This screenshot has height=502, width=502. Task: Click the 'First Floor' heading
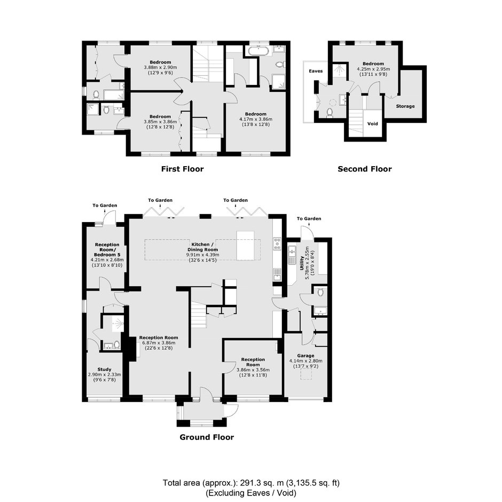pos(182,169)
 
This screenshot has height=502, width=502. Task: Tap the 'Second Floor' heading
pos(365,169)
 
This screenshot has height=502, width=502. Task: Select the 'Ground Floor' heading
pos(207,437)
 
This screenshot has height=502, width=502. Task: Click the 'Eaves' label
pos(316,71)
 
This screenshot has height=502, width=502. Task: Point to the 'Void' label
pos(373,123)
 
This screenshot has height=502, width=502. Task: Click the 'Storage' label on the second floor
pos(405,106)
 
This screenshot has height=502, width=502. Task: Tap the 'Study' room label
pos(104,369)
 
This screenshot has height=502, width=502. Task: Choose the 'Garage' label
pos(306,356)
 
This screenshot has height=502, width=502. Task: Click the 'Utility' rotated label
pos(302,263)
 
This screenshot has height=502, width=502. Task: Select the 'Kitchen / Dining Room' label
pos(202,247)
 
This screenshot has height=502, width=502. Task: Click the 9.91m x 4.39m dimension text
pos(202,255)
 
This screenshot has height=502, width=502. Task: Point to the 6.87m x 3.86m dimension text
pos(159,343)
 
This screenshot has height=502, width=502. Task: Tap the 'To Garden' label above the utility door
pos(309,218)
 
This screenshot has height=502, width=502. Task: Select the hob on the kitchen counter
pos(277,244)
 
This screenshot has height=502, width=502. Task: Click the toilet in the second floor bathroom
pos(330,112)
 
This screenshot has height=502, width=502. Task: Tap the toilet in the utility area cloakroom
pos(320,292)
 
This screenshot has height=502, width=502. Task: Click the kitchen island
pos(245,246)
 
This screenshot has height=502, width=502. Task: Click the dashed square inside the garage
pos(306,374)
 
